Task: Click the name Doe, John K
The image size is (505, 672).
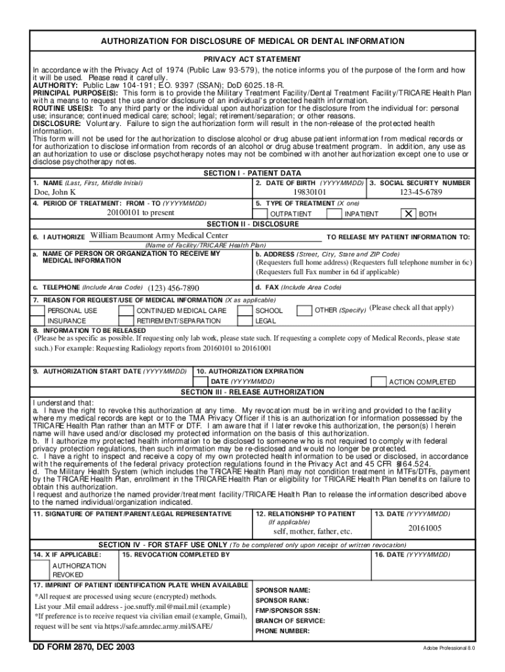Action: point(55,192)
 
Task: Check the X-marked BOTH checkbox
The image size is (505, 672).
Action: point(409,214)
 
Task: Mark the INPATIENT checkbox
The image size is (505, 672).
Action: point(335,214)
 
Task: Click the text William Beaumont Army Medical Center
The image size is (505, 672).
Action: point(159,236)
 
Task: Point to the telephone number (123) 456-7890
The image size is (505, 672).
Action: point(173,287)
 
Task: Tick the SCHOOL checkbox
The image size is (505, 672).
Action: point(245,310)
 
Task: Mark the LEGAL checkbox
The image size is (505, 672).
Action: point(245,321)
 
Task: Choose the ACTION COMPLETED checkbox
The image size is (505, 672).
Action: point(378,381)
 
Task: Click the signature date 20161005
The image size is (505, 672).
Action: point(425,528)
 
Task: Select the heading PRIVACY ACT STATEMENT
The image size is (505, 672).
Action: point(252,59)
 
